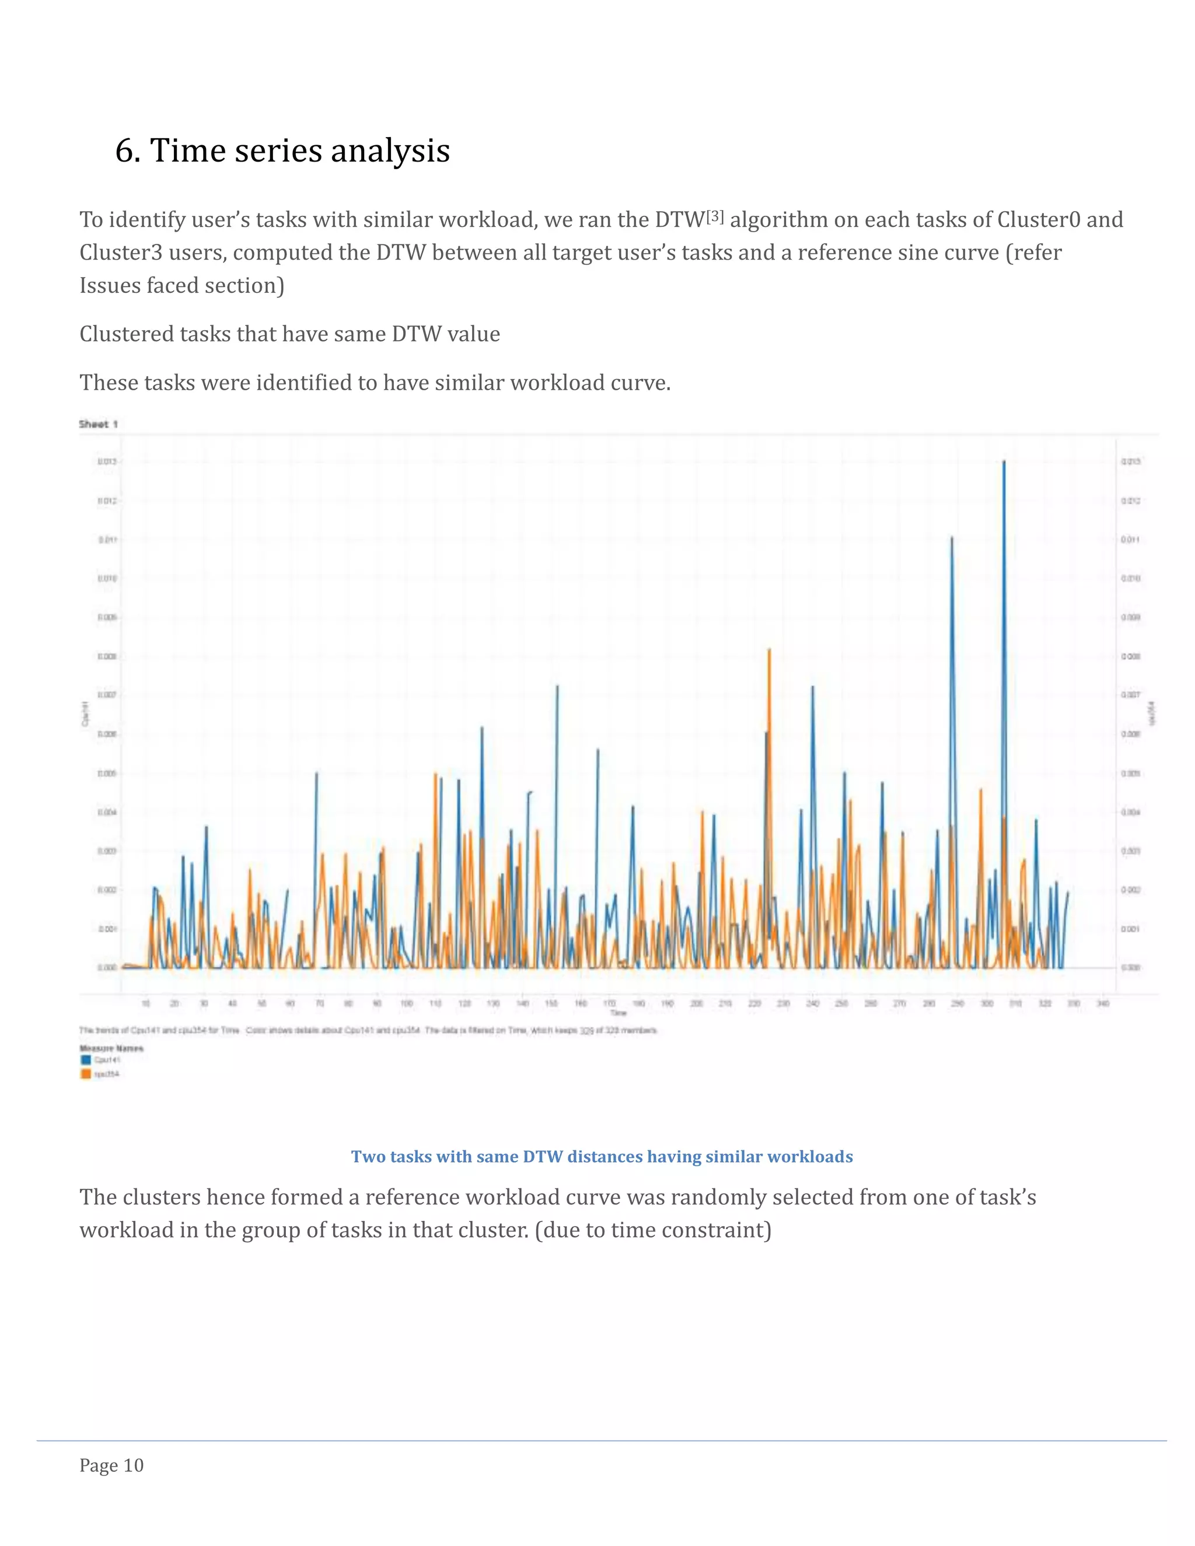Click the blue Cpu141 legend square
[x=86, y=1059]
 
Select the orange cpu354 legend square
[x=86, y=1074]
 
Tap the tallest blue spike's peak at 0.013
[x=1004, y=461]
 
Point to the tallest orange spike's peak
[x=769, y=649]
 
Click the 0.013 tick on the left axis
[x=107, y=461]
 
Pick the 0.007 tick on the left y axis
[x=107, y=695]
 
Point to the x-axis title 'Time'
[x=618, y=1013]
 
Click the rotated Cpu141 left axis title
[x=85, y=713]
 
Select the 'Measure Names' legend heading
[x=111, y=1048]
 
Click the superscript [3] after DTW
[x=714, y=216]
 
